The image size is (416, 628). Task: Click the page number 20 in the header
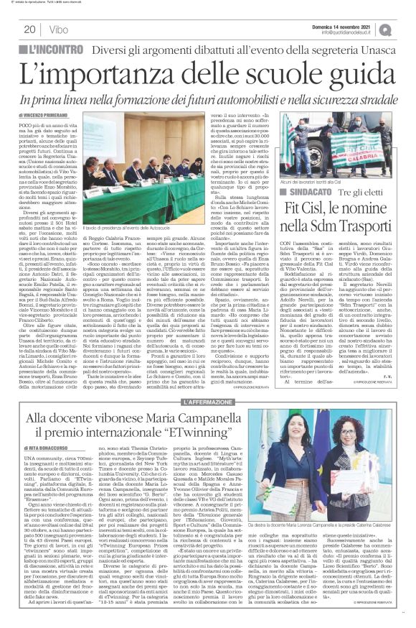point(31,29)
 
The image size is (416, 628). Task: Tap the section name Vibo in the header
point(60,29)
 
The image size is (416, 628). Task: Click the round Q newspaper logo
point(405,29)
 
